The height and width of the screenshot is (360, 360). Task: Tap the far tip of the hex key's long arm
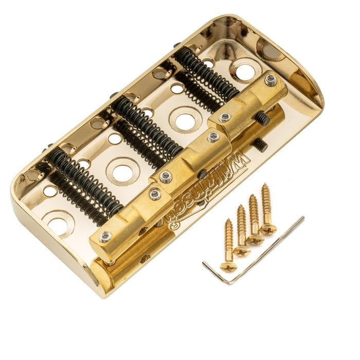click(x=302, y=219)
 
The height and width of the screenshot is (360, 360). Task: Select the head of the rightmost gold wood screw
click(x=268, y=228)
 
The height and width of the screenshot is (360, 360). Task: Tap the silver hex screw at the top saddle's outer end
click(x=271, y=80)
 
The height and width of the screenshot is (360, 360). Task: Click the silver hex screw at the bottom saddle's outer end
click(x=105, y=237)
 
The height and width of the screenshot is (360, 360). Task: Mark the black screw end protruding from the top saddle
click(x=263, y=119)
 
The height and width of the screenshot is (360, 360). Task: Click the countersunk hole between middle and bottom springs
click(x=123, y=171)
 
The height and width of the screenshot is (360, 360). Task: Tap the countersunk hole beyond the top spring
click(x=245, y=71)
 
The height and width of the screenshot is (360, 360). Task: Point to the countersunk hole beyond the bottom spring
click(x=58, y=224)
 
